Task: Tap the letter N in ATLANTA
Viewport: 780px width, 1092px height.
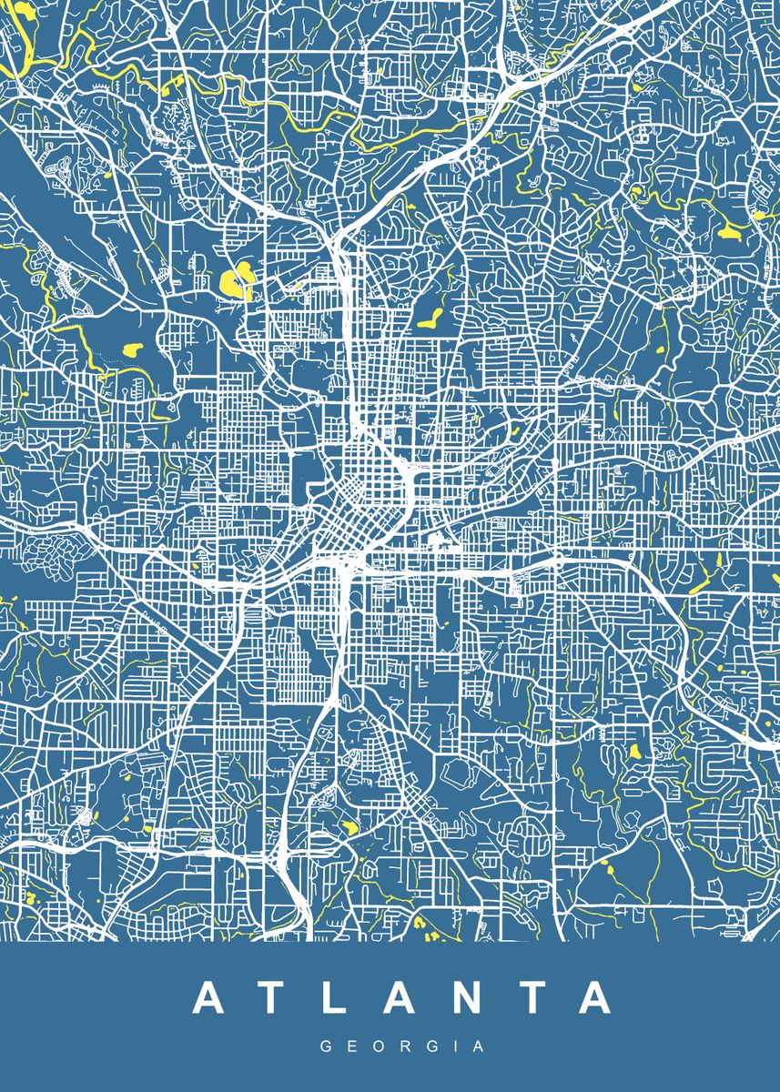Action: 461,998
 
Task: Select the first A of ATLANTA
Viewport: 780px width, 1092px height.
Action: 208,998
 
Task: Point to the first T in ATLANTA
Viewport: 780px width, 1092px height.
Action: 271,998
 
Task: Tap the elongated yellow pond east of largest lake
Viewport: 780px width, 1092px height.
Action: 430,318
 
